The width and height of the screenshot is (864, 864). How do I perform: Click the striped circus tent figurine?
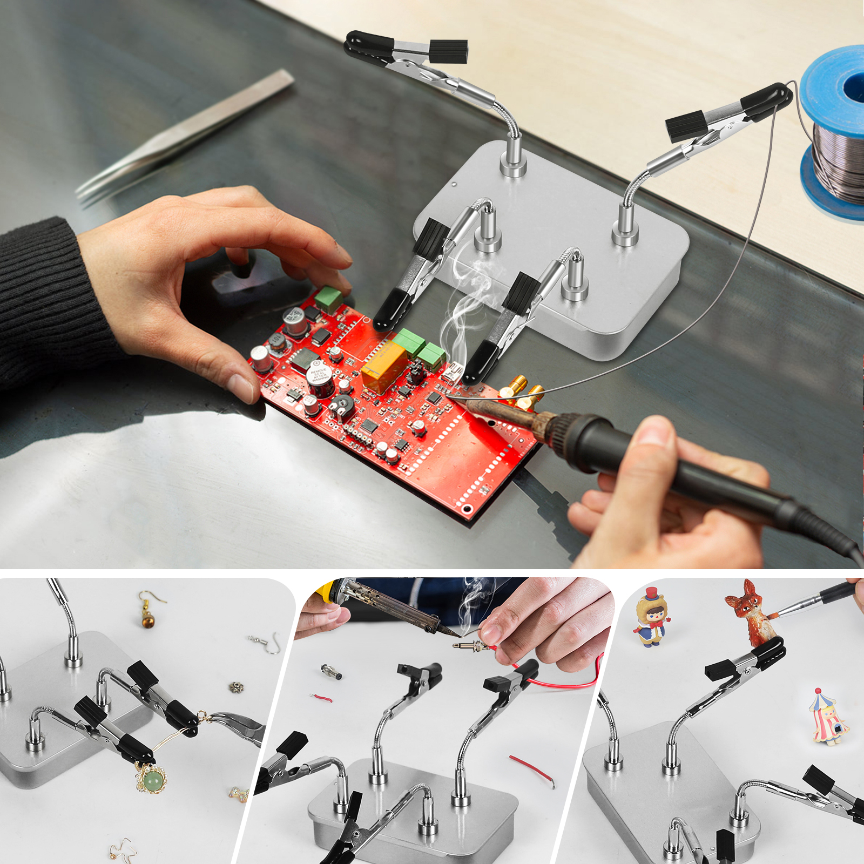(829, 718)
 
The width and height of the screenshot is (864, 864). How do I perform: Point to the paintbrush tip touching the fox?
(775, 616)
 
